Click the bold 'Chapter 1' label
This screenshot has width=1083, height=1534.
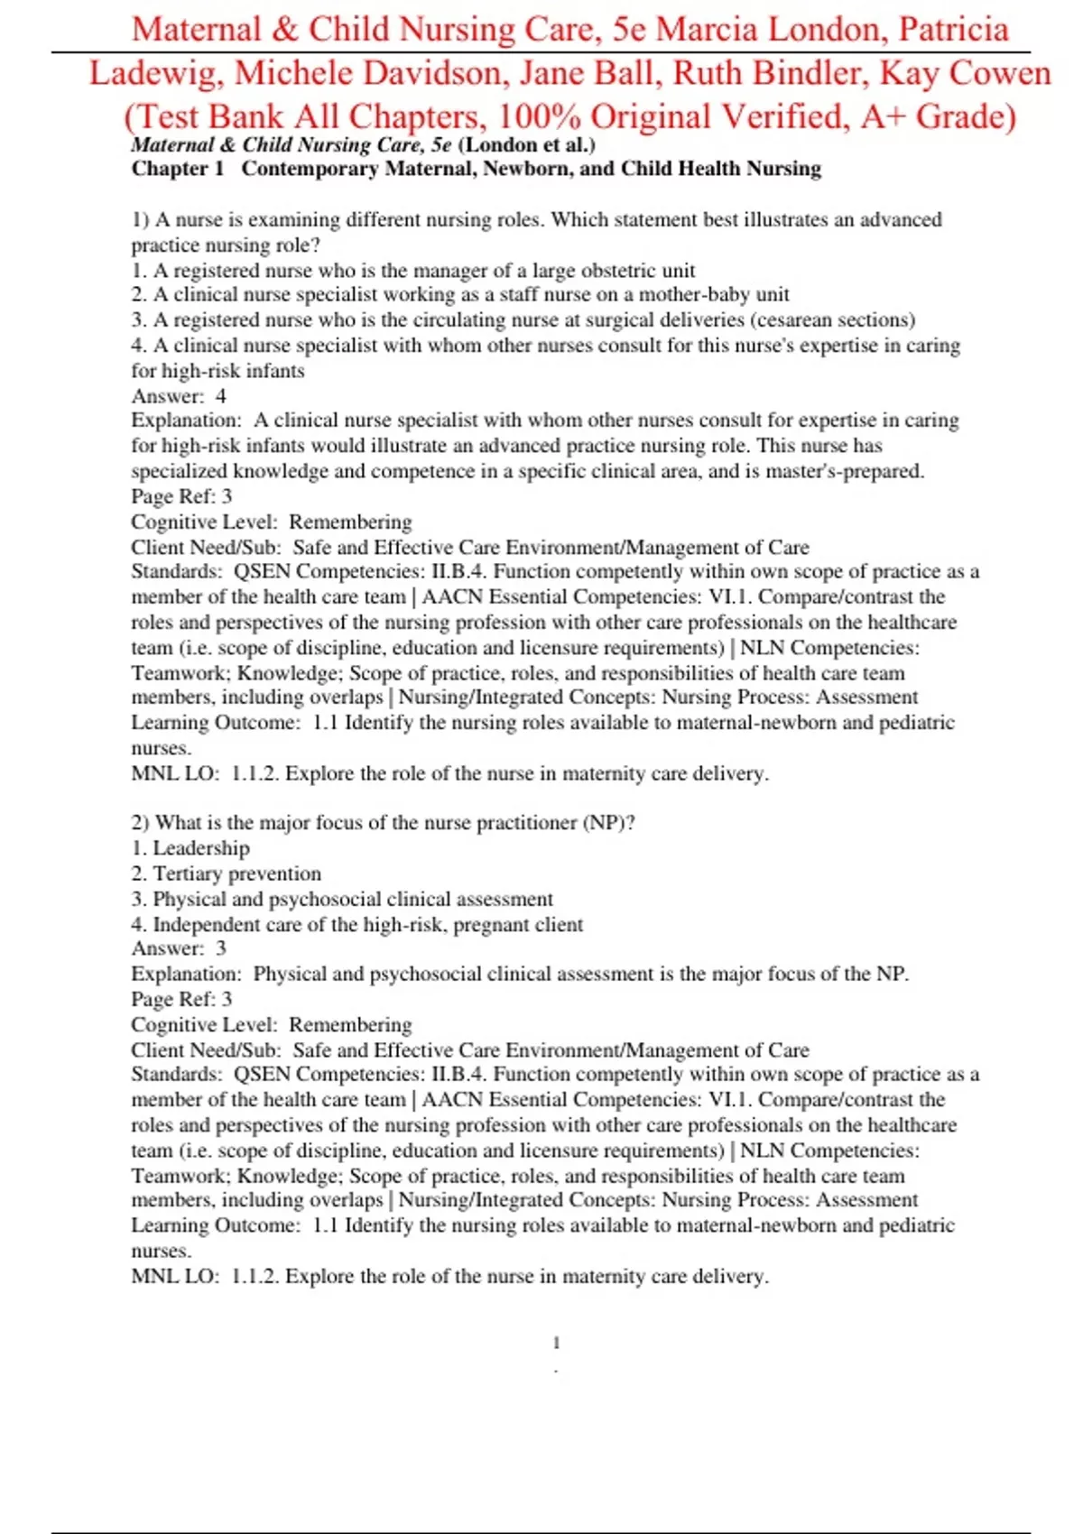tap(177, 169)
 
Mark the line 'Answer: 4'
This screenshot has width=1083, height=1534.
tap(179, 396)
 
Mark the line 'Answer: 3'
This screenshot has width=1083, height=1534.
tap(179, 948)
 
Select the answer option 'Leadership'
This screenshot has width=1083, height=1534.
tap(200, 848)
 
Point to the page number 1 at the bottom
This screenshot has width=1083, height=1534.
tap(556, 1343)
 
